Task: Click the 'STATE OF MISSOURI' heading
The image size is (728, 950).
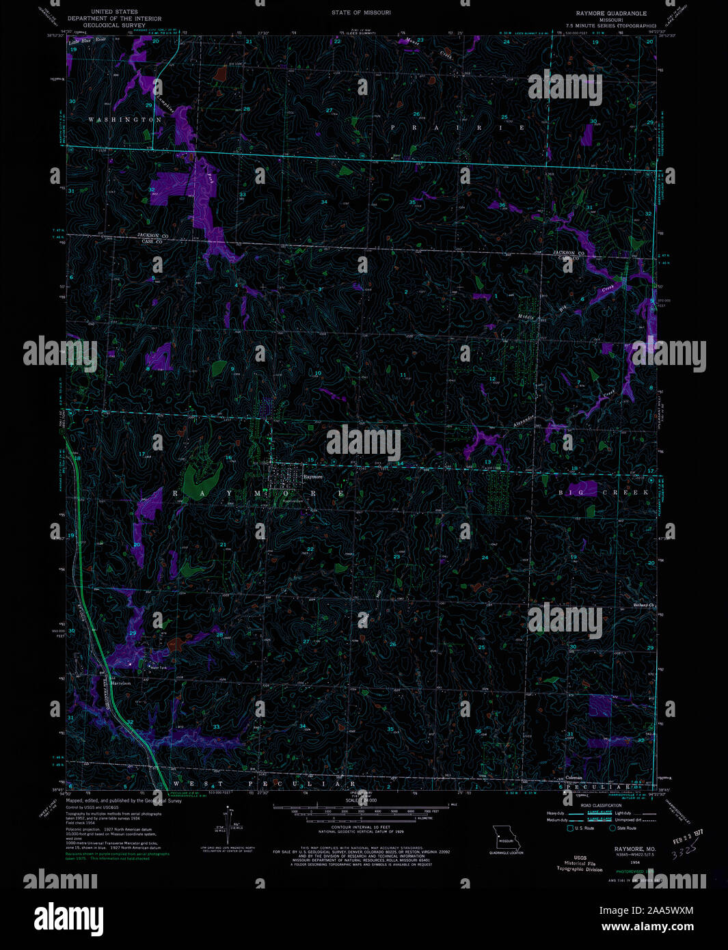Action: pyautogui.click(x=361, y=12)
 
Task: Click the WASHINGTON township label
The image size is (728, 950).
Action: pyautogui.click(x=124, y=120)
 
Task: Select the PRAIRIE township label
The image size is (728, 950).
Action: pyautogui.click(x=457, y=128)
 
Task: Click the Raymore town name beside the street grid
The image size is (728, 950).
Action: pyautogui.click(x=312, y=477)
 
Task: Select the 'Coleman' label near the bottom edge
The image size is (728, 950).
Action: pyautogui.click(x=574, y=777)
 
